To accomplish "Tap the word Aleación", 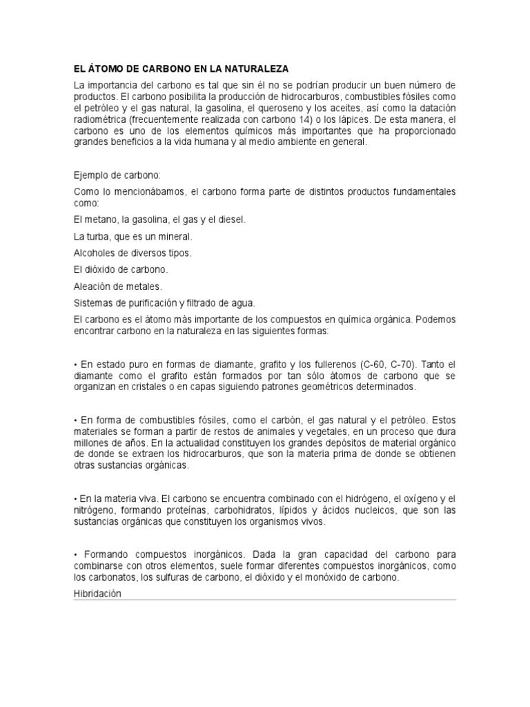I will point(94,286).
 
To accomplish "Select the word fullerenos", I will point(328,364).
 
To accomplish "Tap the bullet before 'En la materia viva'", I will point(75,498).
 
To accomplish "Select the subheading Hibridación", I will point(97,593).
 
